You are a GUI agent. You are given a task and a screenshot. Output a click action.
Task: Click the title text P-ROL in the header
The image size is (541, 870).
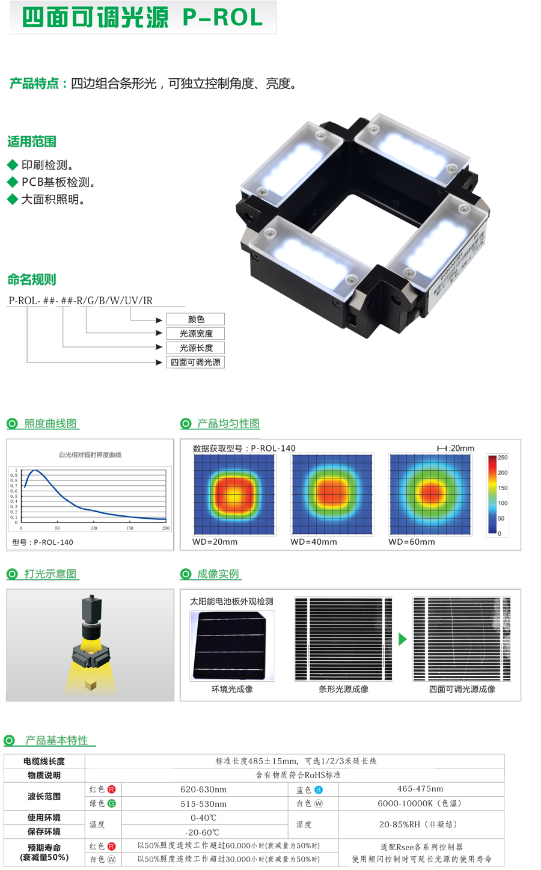coord(222,18)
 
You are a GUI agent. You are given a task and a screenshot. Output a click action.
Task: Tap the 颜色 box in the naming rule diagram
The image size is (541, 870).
coord(196,319)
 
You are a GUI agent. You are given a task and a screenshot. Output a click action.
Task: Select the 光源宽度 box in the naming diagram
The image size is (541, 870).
coord(196,334)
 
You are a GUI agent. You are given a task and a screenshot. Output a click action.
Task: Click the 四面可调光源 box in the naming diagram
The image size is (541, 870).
coord(196,363)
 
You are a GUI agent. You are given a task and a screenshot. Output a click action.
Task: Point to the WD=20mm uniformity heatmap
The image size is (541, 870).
coord(234,494)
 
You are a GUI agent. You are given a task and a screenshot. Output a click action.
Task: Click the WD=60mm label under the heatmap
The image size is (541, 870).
coord(411,542)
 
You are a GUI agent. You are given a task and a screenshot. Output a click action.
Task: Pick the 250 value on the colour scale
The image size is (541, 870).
coord(503,458)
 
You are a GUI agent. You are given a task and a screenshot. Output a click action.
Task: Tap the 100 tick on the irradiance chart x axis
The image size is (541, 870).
coord(94,528)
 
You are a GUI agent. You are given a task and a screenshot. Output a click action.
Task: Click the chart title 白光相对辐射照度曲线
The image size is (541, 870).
coord(90,455)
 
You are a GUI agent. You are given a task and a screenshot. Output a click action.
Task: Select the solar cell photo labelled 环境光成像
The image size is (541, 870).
coord(232,645)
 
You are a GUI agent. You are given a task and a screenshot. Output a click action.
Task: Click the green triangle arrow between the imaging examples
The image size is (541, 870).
coord(403,639)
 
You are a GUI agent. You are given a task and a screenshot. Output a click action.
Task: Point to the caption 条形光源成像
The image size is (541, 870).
coord(343,689)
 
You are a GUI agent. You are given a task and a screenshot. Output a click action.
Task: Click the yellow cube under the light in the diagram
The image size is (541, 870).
coord(91,684)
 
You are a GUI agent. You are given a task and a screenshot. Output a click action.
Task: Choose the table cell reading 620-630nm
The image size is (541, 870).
coord(204,789)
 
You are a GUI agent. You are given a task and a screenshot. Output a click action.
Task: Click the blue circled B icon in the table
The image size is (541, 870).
coord(319,789)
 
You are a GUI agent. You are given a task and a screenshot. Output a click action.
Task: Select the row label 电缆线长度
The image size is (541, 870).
coord(44,761)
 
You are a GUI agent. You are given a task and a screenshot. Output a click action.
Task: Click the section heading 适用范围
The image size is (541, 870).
coord(32,142)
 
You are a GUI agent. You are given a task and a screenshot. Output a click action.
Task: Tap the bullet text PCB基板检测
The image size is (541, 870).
coord(58,182)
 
